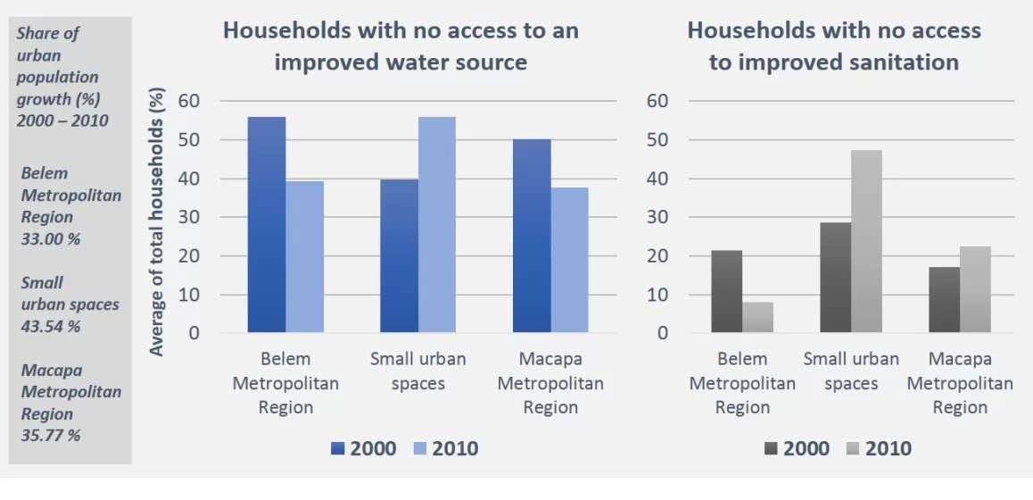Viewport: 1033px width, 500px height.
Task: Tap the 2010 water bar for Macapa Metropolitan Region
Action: coord(569,260)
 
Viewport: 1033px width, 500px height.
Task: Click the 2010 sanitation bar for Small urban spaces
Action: coord(865,241)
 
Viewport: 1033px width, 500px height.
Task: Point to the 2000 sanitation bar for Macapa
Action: coord(944,300)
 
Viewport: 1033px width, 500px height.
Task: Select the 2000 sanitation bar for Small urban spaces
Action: coord(835,278)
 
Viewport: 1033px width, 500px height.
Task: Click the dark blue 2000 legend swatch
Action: coord(338,449)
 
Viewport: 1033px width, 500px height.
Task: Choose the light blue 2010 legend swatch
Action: coord(420,449)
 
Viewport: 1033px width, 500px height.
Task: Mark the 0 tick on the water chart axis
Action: coord(194,333)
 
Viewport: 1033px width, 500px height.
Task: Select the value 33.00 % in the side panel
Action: coord(51,238)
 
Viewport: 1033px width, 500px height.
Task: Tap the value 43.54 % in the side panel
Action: coord(51,326)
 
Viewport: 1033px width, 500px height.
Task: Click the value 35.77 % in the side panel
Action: coord(51,436)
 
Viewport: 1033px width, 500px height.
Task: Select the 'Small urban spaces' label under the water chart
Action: coord(418,371)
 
